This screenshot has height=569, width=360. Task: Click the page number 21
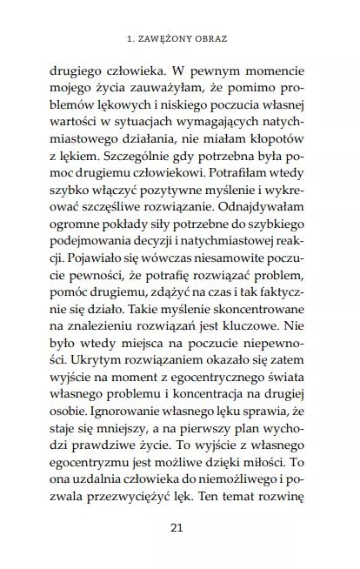coord(180,527)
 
